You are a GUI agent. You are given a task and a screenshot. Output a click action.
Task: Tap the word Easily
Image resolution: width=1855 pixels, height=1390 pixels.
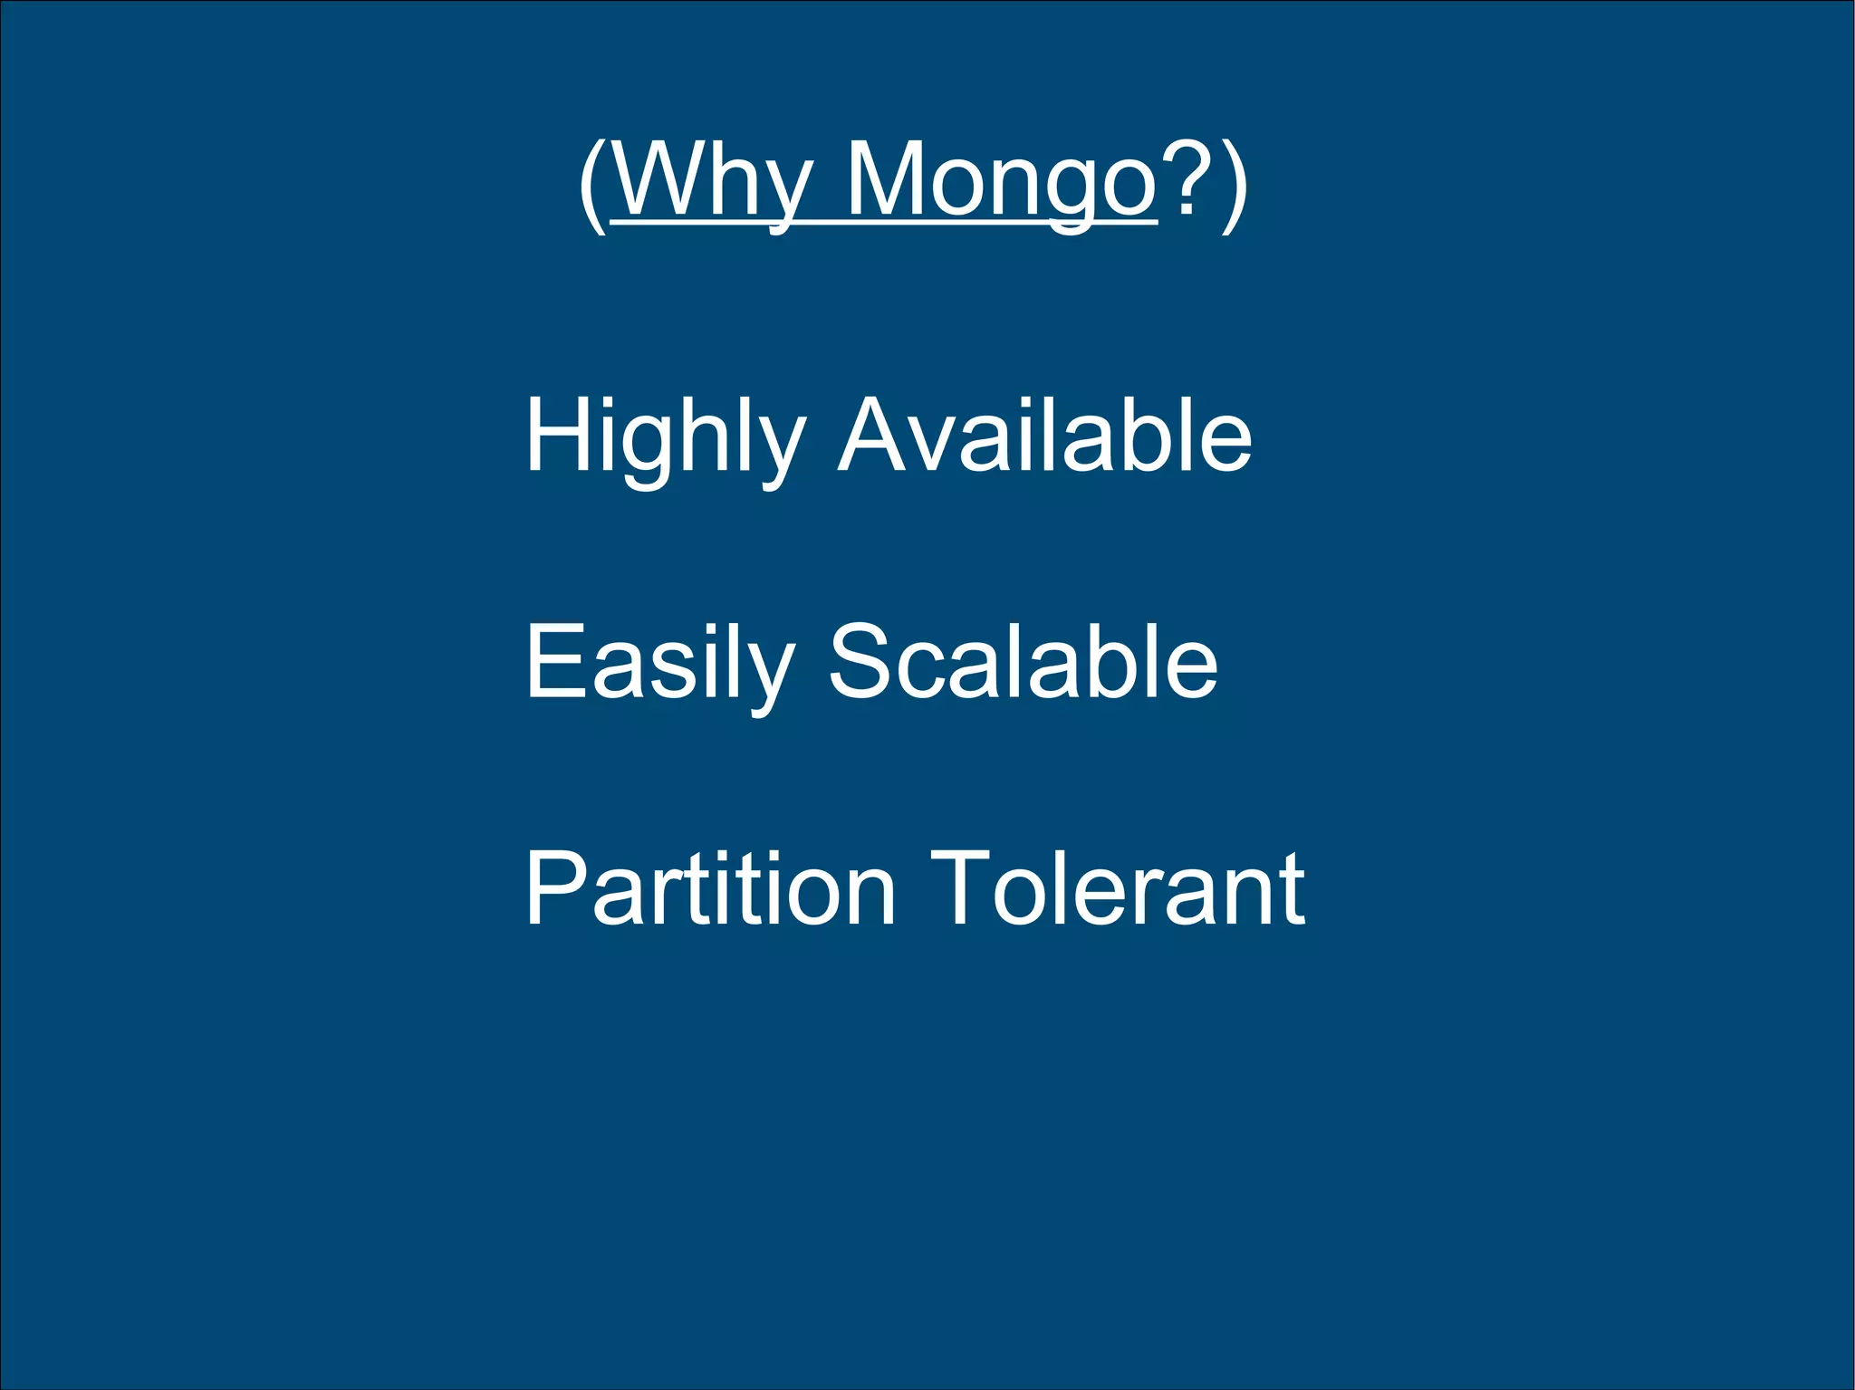click(x=659, y=663)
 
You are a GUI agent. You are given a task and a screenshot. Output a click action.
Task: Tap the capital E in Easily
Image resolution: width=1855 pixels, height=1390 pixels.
click(x=552, y=661)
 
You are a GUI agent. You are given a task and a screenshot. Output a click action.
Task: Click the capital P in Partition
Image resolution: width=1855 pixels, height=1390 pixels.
click(x=554, y=887)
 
